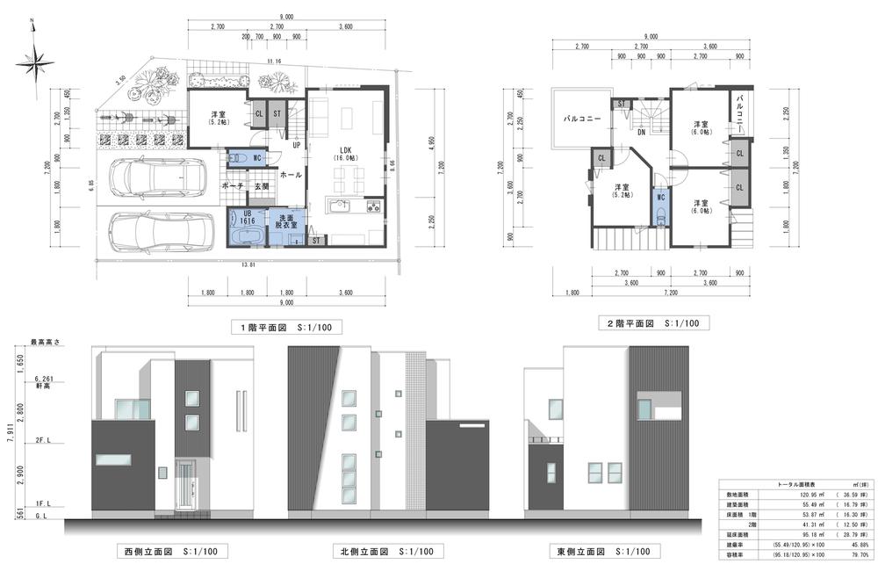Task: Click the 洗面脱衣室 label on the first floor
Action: pyautogui.click(x=287, y=221)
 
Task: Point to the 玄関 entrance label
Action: pyautogui.click(x=262, y=186)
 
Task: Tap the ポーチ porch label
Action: pyautogui.click(x=232, y=186)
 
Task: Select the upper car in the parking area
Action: pyautogui.click(x=155, y=178)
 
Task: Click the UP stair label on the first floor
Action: pyautogui.click(x=297, y=146)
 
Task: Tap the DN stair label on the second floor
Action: pyautogui.click(x=641, y=133)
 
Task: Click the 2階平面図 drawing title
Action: pyautogui.click(x=651, y=323)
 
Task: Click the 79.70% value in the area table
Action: pyautogui.click(x=855, y=554)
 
